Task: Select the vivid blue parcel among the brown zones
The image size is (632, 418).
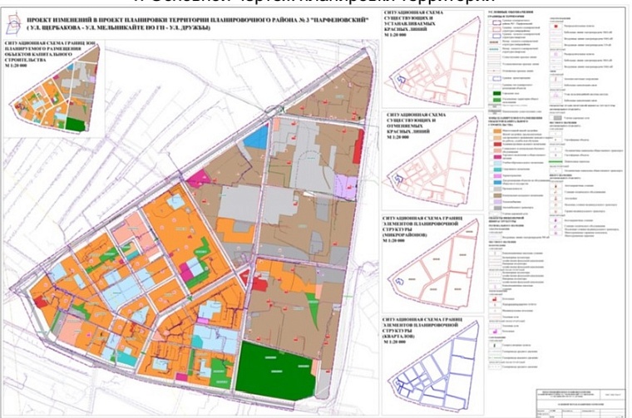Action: pyautogui.click(x=257, y=137)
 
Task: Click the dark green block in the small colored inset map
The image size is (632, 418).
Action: pyautogui.click(x=75, y=125)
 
